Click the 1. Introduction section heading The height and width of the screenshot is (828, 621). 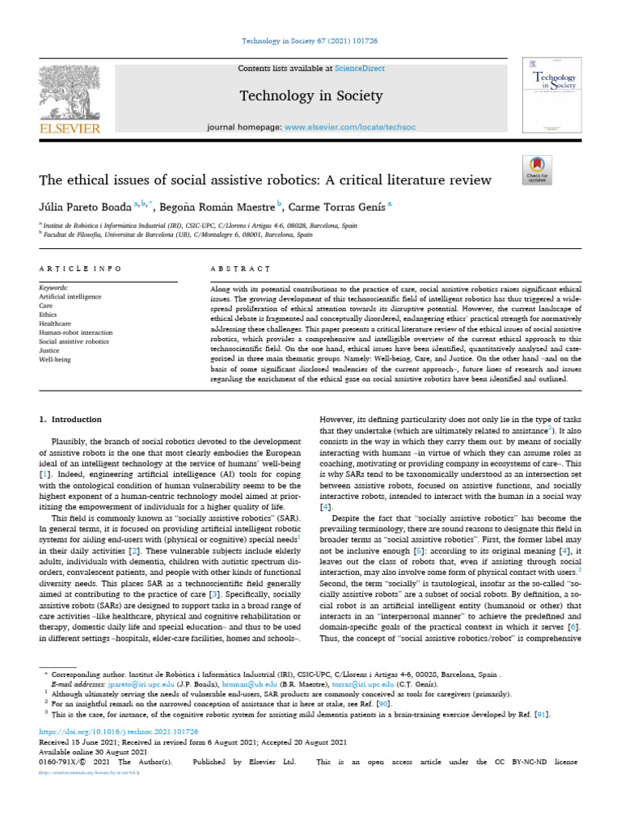71,420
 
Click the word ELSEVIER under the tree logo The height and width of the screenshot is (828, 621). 68,128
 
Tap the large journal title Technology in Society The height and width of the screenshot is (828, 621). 310,96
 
